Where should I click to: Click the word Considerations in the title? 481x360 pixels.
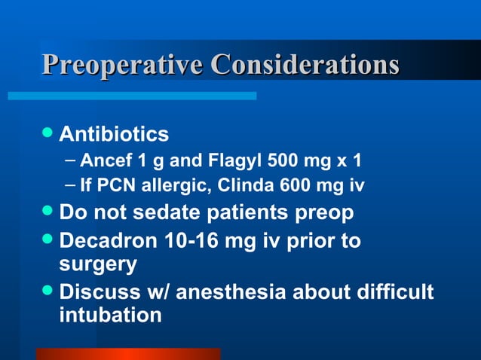[304, 66]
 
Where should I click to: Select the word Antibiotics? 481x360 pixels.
[114, 135]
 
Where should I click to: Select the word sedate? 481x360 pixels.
[161, 213]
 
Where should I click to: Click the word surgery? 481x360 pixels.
[98, 266]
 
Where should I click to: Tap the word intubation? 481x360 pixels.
[110, 315]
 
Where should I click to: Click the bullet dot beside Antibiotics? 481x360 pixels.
[47, 134]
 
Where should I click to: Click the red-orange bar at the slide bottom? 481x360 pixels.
[128, 353]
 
